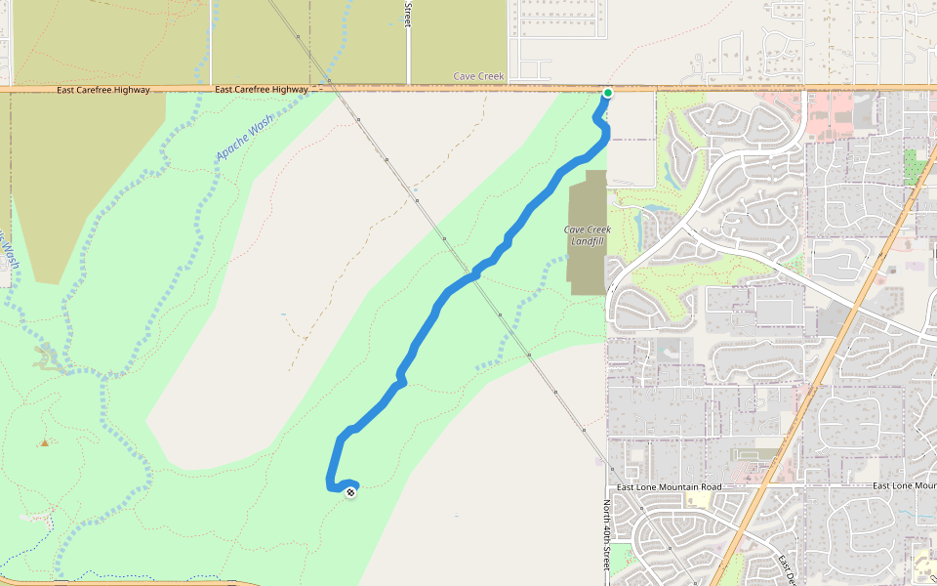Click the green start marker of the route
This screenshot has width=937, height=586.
[x=607, y=93]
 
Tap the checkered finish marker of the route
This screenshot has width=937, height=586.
[x=350, y=491]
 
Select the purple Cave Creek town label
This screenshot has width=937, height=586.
[x=478, y=76]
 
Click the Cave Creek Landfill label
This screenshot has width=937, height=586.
[x=587, y=235]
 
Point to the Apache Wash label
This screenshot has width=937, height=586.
[x=245, y=138]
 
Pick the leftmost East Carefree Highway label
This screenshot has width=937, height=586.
[x=103, y=90]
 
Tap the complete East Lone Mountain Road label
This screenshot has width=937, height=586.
[x=669, y=486]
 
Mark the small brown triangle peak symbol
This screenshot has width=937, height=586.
[x=44, y=442]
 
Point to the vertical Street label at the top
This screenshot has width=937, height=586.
[x=408, y=14]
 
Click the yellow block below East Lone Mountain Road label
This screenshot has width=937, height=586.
[x=698, y=499]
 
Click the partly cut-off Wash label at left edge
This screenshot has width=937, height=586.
[x=8, y=252]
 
